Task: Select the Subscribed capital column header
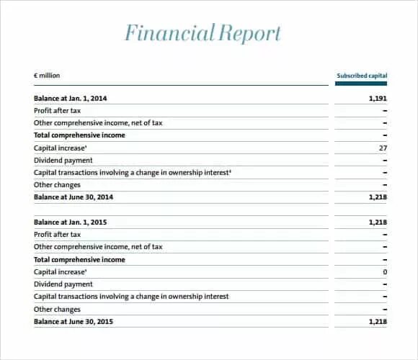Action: [362, 75]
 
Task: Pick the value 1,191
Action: [377, 98]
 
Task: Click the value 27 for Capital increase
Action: [382, 148]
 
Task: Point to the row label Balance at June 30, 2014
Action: [74, 197]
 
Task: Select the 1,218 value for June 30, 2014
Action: [377, 197]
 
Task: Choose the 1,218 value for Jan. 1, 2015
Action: [377, 222]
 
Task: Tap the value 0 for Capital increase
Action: [385, 271]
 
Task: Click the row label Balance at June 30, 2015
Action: [74, 321]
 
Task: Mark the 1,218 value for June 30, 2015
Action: [377, 321]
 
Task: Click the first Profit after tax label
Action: [57, 110]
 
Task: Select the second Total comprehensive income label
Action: [79, 259]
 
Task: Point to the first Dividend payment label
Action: [63, 160]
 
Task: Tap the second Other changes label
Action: [57, 309]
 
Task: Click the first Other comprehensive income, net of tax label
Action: [98, 122]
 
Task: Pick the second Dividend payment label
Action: [63, 284]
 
